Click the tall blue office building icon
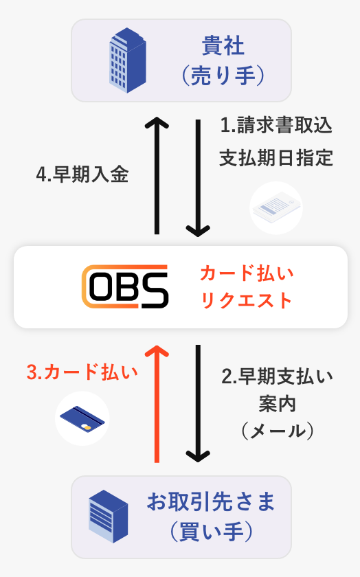127,60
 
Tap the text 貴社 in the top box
223,45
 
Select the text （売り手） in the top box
223,76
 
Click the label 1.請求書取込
276,125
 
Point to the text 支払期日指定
276,158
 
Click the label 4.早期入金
82,174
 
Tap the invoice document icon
276,208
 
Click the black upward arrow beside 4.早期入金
157,176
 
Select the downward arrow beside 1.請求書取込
198,178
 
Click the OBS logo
125,286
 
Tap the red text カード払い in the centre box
247,273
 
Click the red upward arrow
157,404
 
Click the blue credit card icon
82,420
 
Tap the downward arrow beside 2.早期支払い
198,404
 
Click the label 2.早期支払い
277,376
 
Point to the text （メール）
277,431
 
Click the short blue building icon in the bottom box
109,517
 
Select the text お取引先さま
211,501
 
